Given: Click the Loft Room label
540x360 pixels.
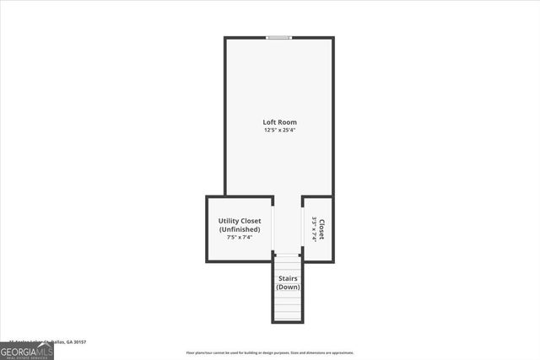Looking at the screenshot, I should [279, 122].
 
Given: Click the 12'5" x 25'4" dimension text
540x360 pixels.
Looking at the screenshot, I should [279, 131].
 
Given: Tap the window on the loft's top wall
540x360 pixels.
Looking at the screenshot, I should [279, 37].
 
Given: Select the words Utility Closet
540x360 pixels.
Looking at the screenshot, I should [240, 221].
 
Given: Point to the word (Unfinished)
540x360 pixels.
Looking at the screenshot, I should [240, 229].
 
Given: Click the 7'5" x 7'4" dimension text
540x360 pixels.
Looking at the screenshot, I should [240, 238].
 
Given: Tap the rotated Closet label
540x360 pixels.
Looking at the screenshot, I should [321, 229].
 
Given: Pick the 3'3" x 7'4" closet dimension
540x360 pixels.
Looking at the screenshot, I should [314, 229].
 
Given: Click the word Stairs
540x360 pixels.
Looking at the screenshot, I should [288, 278].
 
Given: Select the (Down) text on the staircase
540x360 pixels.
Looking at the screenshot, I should [288, 287].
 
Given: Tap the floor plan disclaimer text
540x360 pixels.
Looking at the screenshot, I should [270, 353].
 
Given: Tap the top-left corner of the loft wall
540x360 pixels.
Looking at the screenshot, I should [225, 38].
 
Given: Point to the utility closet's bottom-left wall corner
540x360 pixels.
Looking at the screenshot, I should [208, 261].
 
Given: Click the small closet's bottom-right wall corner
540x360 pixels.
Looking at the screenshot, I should [332, 261].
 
